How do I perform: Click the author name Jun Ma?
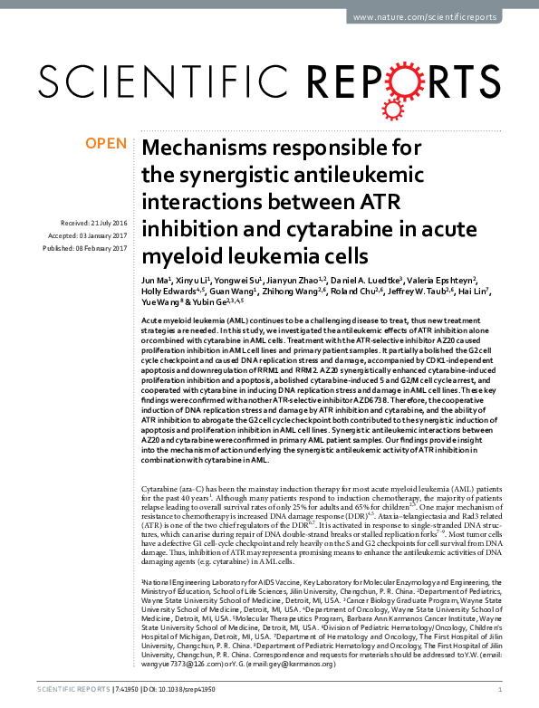(x=157, y=282)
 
